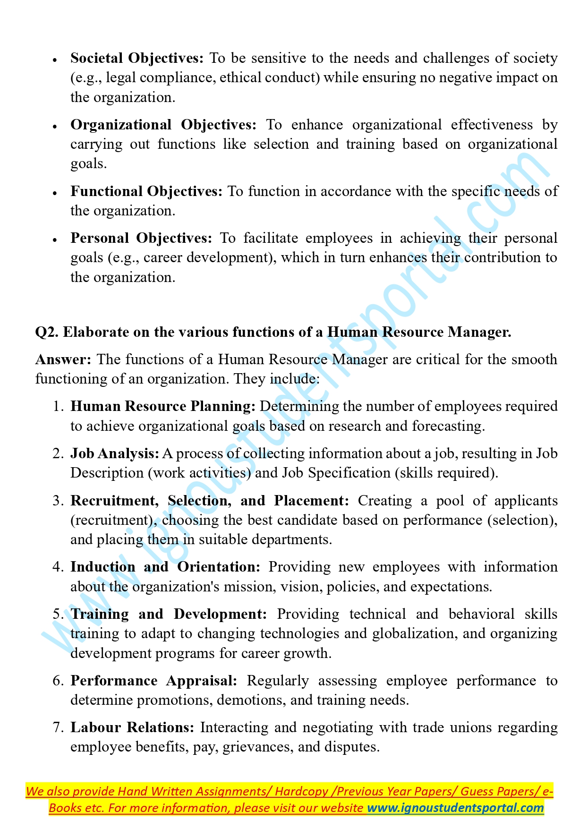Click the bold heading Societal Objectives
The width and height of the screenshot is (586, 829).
click(x=137, y=58)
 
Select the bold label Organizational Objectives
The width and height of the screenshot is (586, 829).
click(x=163, y=125)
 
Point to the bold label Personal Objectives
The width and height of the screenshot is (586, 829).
click(x=142, y=238)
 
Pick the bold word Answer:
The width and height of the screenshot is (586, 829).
click(x=63, y=359)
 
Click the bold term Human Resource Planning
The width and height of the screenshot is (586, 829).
click(x=163, y=406)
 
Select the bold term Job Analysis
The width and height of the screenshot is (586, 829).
click(x=115, y=453)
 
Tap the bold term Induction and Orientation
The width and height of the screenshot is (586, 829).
click(x=165, y=567)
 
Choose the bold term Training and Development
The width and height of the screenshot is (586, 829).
click(x=169, y=614)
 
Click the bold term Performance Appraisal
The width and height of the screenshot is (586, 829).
click(x=154, y=681)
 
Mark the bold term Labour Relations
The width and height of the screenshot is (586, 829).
click(x=132, y=727)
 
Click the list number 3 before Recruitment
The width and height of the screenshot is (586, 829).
click(x=58, y=501)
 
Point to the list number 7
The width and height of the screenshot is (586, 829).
click(x=58, y=727)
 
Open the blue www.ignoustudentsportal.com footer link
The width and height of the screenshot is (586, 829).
click(x=456, y=808)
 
